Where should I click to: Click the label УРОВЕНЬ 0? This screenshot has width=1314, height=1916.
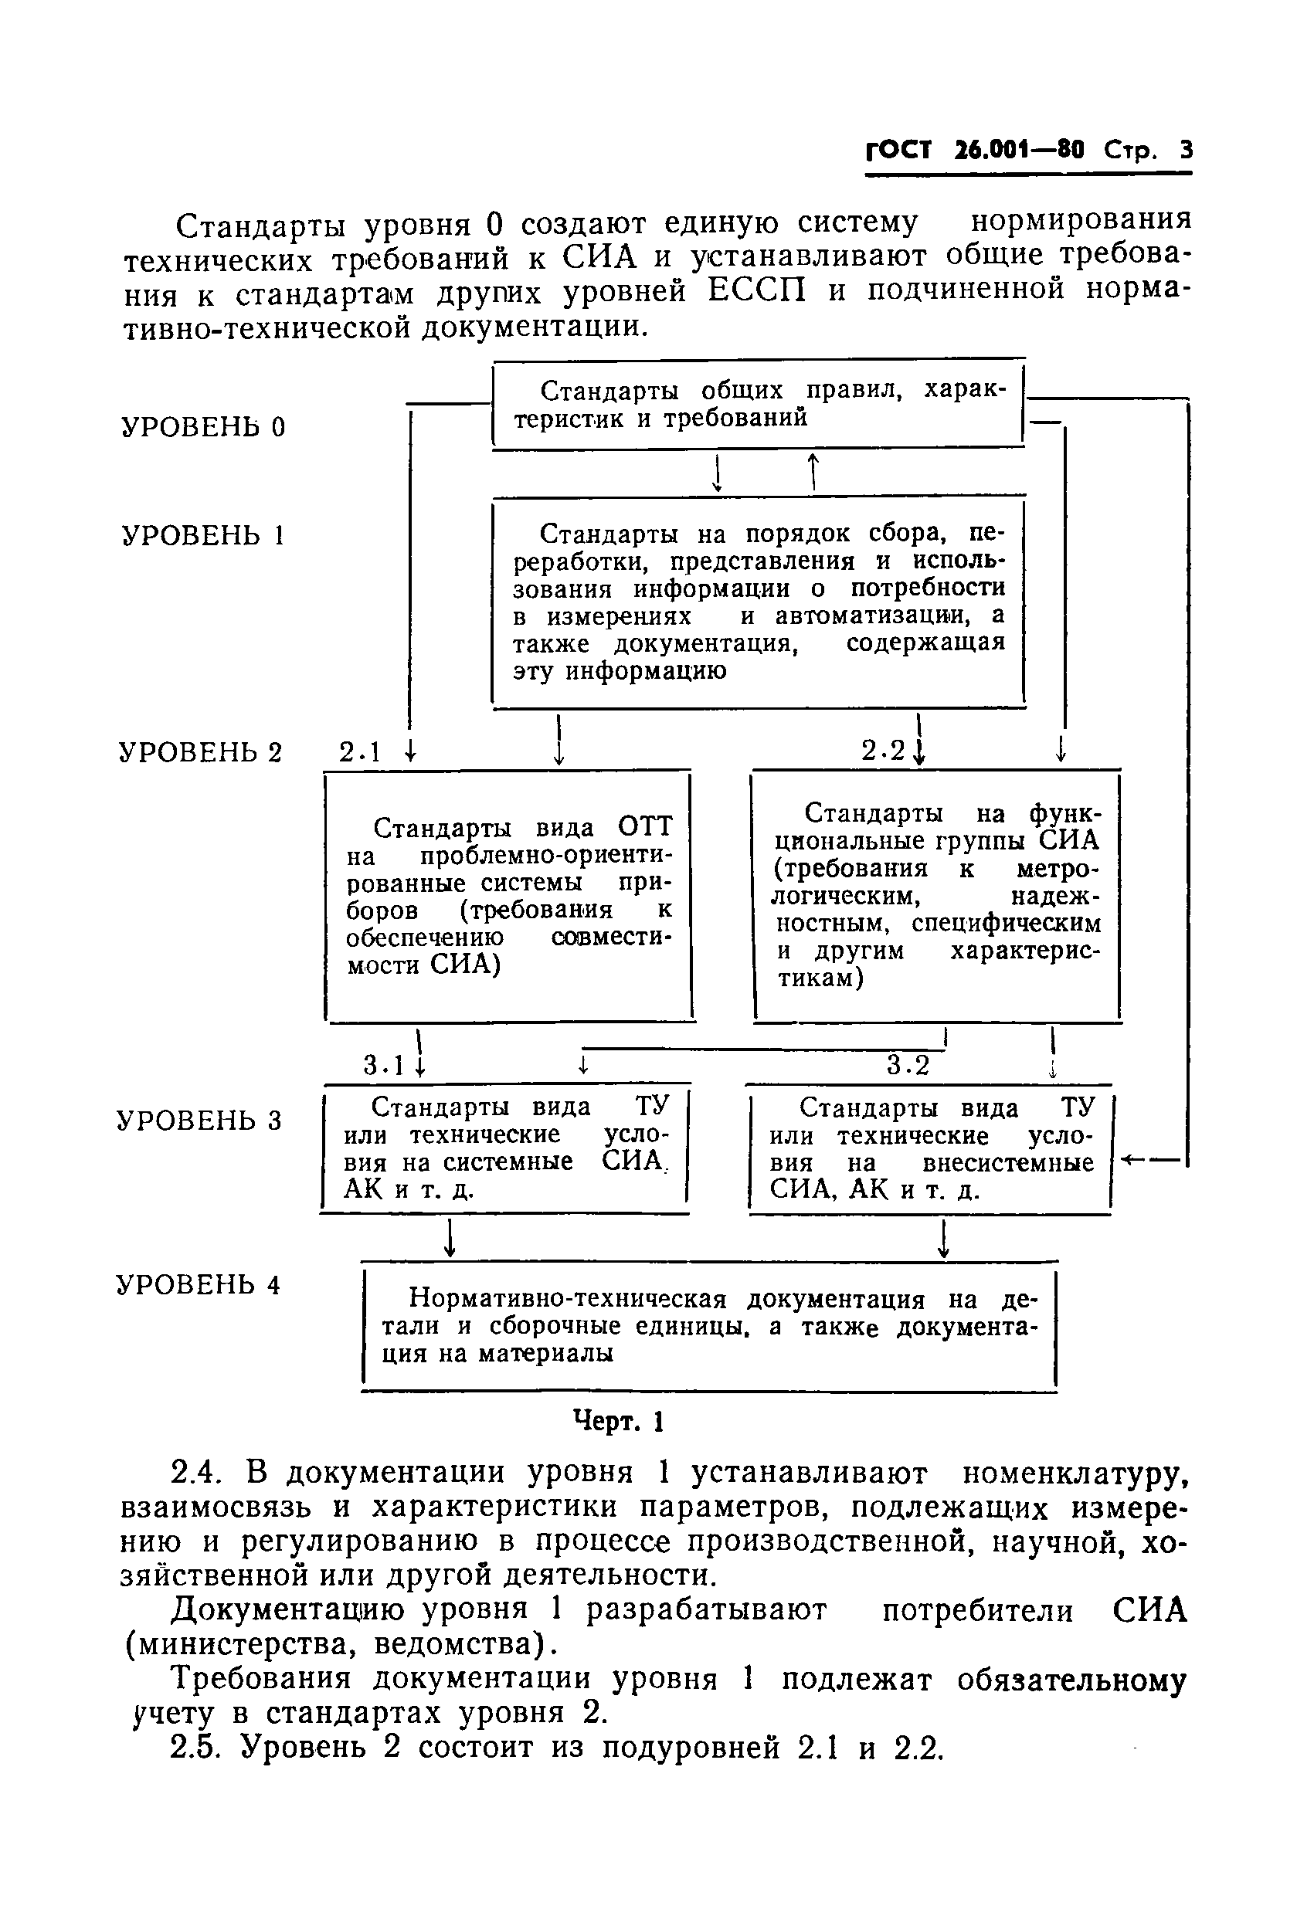203,426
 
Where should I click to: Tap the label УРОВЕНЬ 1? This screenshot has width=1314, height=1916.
203,536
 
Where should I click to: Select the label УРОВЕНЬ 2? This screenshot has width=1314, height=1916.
200,752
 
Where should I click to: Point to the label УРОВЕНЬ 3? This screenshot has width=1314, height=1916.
199,1121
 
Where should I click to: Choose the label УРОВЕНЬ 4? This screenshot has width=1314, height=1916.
198,1284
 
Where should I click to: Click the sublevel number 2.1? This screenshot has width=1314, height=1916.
362,752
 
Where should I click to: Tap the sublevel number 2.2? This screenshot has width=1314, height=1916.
884,750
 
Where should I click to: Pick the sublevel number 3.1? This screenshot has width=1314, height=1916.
385,1066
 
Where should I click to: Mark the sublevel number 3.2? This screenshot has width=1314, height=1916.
908,1066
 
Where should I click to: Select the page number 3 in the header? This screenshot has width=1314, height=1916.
1186,151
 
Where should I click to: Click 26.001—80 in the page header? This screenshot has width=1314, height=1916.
1019,151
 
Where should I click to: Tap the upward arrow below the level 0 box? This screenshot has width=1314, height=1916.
814,472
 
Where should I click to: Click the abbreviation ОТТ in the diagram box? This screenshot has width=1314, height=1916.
645,827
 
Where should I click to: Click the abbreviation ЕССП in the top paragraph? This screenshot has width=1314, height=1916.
756,292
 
